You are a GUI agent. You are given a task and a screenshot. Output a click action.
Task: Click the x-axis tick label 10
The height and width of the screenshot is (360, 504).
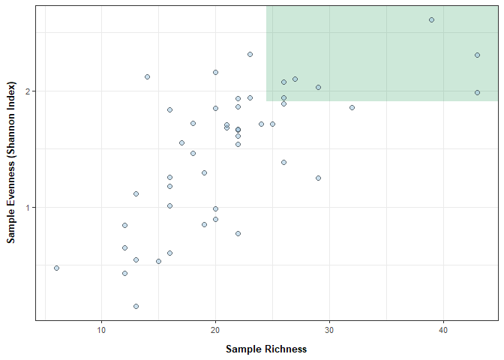(101, 331)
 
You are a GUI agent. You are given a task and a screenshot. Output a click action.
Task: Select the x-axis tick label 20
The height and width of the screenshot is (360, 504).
(215, 331)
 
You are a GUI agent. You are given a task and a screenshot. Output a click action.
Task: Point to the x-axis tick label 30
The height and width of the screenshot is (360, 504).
(329, 331)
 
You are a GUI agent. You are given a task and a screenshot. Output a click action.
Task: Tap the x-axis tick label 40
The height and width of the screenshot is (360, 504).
(443, 331)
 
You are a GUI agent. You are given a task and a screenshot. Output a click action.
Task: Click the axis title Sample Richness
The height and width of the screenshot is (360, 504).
(266, 349)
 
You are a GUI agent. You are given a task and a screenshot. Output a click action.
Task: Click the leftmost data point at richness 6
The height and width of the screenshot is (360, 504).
(56, 268)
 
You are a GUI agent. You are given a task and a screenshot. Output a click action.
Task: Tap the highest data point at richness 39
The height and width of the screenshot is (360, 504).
(431, 19)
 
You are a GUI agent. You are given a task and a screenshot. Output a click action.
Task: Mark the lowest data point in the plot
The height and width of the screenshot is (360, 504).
(136, 306)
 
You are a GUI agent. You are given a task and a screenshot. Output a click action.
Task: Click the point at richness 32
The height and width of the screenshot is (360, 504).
(352, 107)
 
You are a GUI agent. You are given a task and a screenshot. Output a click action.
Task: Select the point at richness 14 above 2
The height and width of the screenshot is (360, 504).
(147, 76)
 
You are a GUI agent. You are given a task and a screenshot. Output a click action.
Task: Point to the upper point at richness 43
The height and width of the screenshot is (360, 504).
(477, 55)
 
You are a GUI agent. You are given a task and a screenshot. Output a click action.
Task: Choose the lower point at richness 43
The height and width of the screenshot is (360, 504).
(477, 92)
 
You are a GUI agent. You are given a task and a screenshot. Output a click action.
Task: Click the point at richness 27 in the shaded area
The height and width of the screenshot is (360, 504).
(295, 79)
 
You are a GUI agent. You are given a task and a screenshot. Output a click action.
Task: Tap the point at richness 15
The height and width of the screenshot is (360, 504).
(158, 261)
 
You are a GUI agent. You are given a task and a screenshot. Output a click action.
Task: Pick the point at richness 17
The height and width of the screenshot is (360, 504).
(181, 142)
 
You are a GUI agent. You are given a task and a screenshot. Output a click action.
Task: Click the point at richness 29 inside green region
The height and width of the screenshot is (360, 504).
(318, 87)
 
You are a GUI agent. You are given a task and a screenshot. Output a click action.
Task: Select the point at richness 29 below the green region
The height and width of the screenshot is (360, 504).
(318, 178)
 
